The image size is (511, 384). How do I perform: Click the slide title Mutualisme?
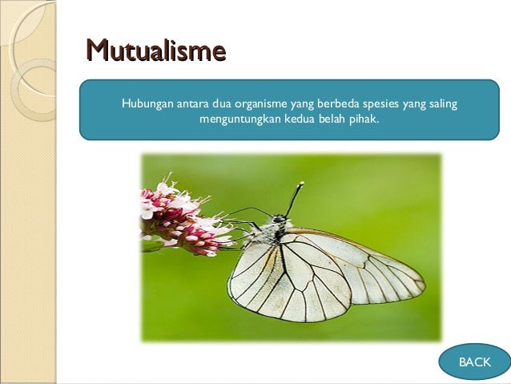pyautogui.click(x=155, y=52)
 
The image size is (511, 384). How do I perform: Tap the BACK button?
pyautogui.click(x=474, y=362)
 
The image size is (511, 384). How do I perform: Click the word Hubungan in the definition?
pyautogui.click(x=147, y=103)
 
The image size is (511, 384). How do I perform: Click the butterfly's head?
pyautogui.click(x=280, y=219)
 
